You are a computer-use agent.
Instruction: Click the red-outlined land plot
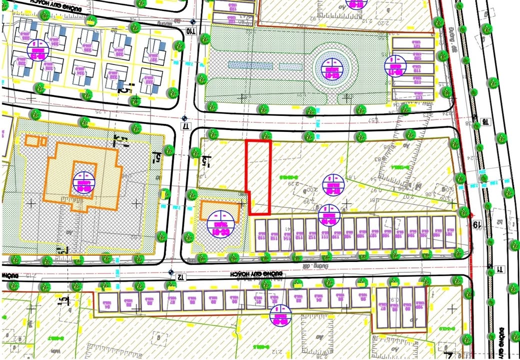258,176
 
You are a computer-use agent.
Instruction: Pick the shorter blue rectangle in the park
291,66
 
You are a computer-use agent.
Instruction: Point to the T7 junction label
185,125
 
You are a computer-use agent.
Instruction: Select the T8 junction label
483,122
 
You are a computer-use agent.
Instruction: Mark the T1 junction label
499,270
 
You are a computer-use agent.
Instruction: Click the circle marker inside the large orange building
83,183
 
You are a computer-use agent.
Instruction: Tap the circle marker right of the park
394,65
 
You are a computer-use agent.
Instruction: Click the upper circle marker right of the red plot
330,185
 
